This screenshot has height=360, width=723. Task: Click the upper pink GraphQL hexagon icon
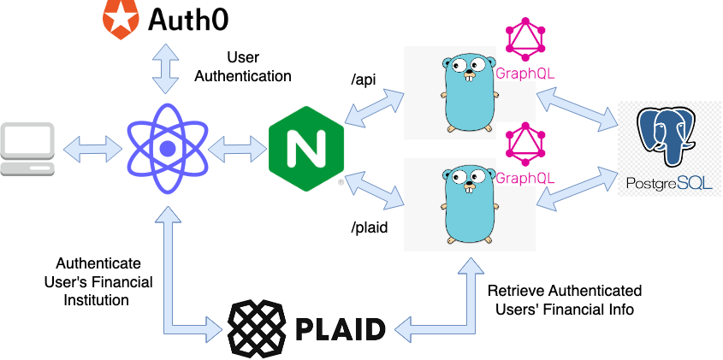tap(524, 38)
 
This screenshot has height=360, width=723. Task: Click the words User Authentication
tap(243, 67)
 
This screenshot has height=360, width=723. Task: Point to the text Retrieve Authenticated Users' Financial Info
tap(565, 300)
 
